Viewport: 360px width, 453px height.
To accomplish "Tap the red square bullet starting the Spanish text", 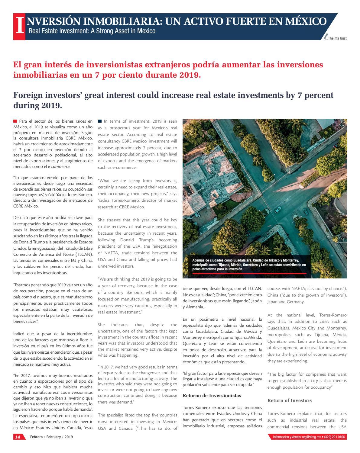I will click(15, 121).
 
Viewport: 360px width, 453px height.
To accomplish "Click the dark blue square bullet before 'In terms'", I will click(100, 121).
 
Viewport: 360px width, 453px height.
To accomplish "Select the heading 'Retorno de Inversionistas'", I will click(212, 395).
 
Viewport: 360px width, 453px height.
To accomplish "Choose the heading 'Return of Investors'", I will click(289, 400).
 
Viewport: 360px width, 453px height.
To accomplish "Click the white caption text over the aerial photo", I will click(249, 265).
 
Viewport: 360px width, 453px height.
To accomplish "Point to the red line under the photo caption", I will click(249, 274).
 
